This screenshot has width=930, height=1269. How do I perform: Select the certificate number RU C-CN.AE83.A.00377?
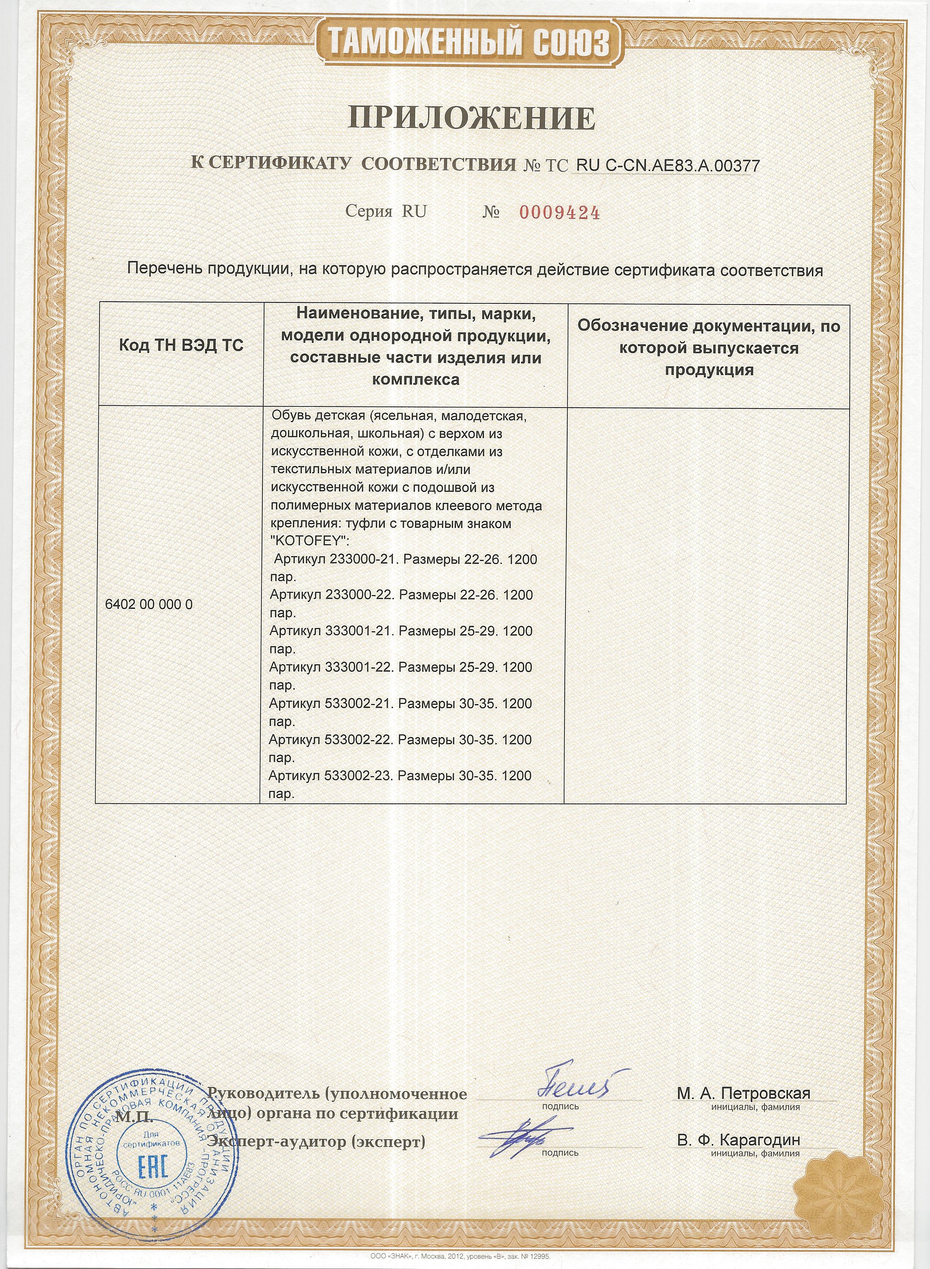coord(668,166)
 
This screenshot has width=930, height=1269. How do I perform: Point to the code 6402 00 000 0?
coord(149,605)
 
